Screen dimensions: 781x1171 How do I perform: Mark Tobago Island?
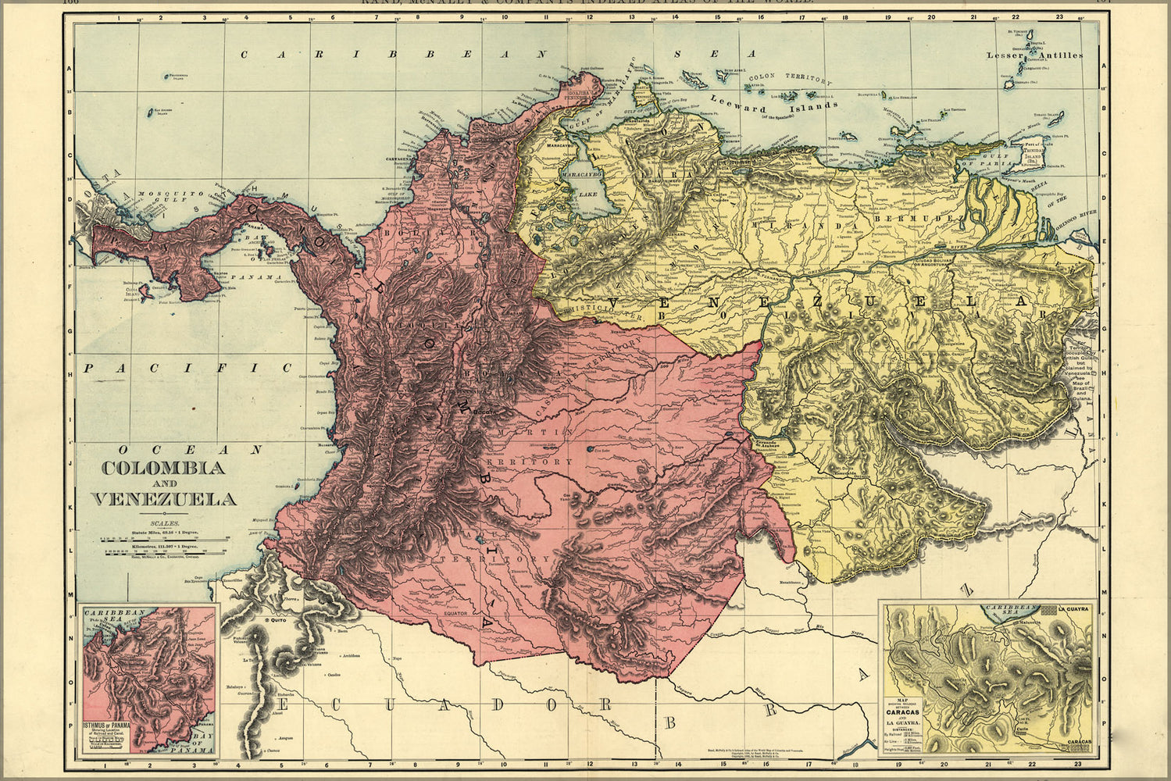1055,119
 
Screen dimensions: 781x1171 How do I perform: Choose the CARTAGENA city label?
398,157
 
